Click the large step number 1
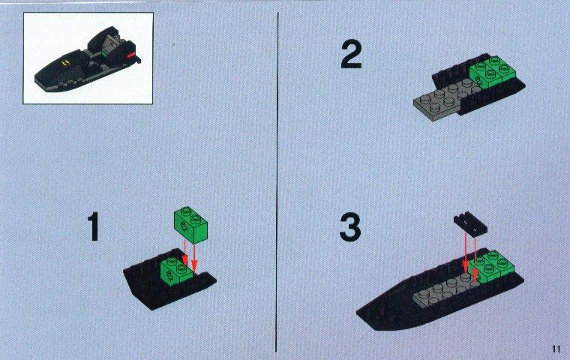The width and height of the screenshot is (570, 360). (94, 227)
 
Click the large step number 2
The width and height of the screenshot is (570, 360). (351, 55)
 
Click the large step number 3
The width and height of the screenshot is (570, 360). (350, 227)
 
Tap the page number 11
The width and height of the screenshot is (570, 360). (556, 349)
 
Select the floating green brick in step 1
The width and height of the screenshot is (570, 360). (190, 225)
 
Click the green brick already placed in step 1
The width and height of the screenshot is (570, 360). (175, 270)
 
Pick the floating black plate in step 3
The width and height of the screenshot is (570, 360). (471, 224)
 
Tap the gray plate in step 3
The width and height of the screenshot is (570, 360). (445, 290)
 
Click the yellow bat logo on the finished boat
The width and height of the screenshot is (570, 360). (66, 63)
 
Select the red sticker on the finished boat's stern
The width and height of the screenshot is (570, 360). (130, 55)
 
